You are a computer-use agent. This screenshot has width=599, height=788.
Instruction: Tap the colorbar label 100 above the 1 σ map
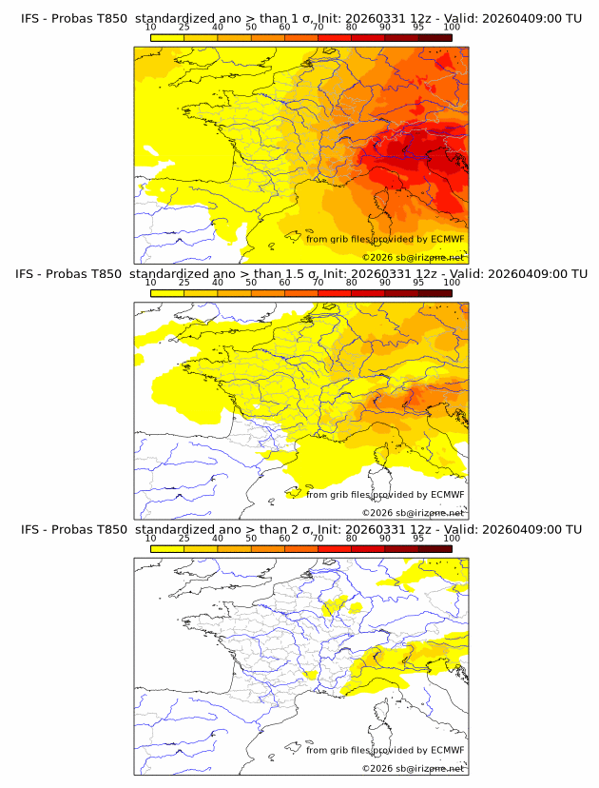tap(452, 27)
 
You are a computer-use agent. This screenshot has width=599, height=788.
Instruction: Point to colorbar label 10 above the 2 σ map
tap(150, 538)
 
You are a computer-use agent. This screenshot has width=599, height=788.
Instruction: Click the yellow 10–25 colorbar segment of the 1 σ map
tap(167, 36)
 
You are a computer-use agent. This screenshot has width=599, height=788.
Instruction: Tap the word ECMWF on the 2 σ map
tap(448, 750)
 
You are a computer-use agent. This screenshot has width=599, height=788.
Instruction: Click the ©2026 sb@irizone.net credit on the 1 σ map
tap(414, 258)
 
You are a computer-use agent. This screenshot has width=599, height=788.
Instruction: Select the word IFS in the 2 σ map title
tap(31, 529)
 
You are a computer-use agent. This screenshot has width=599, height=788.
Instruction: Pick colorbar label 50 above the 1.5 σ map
tap(251, 283)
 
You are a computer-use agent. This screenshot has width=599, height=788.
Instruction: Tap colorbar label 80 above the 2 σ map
tap(352, 538)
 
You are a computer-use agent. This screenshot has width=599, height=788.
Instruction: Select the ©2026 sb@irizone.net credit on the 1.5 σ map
tap(414, 513)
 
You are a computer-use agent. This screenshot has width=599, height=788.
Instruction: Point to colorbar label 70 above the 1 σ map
tap(318, 27)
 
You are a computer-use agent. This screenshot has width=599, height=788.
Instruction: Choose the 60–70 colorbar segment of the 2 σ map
tap(301, 547)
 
